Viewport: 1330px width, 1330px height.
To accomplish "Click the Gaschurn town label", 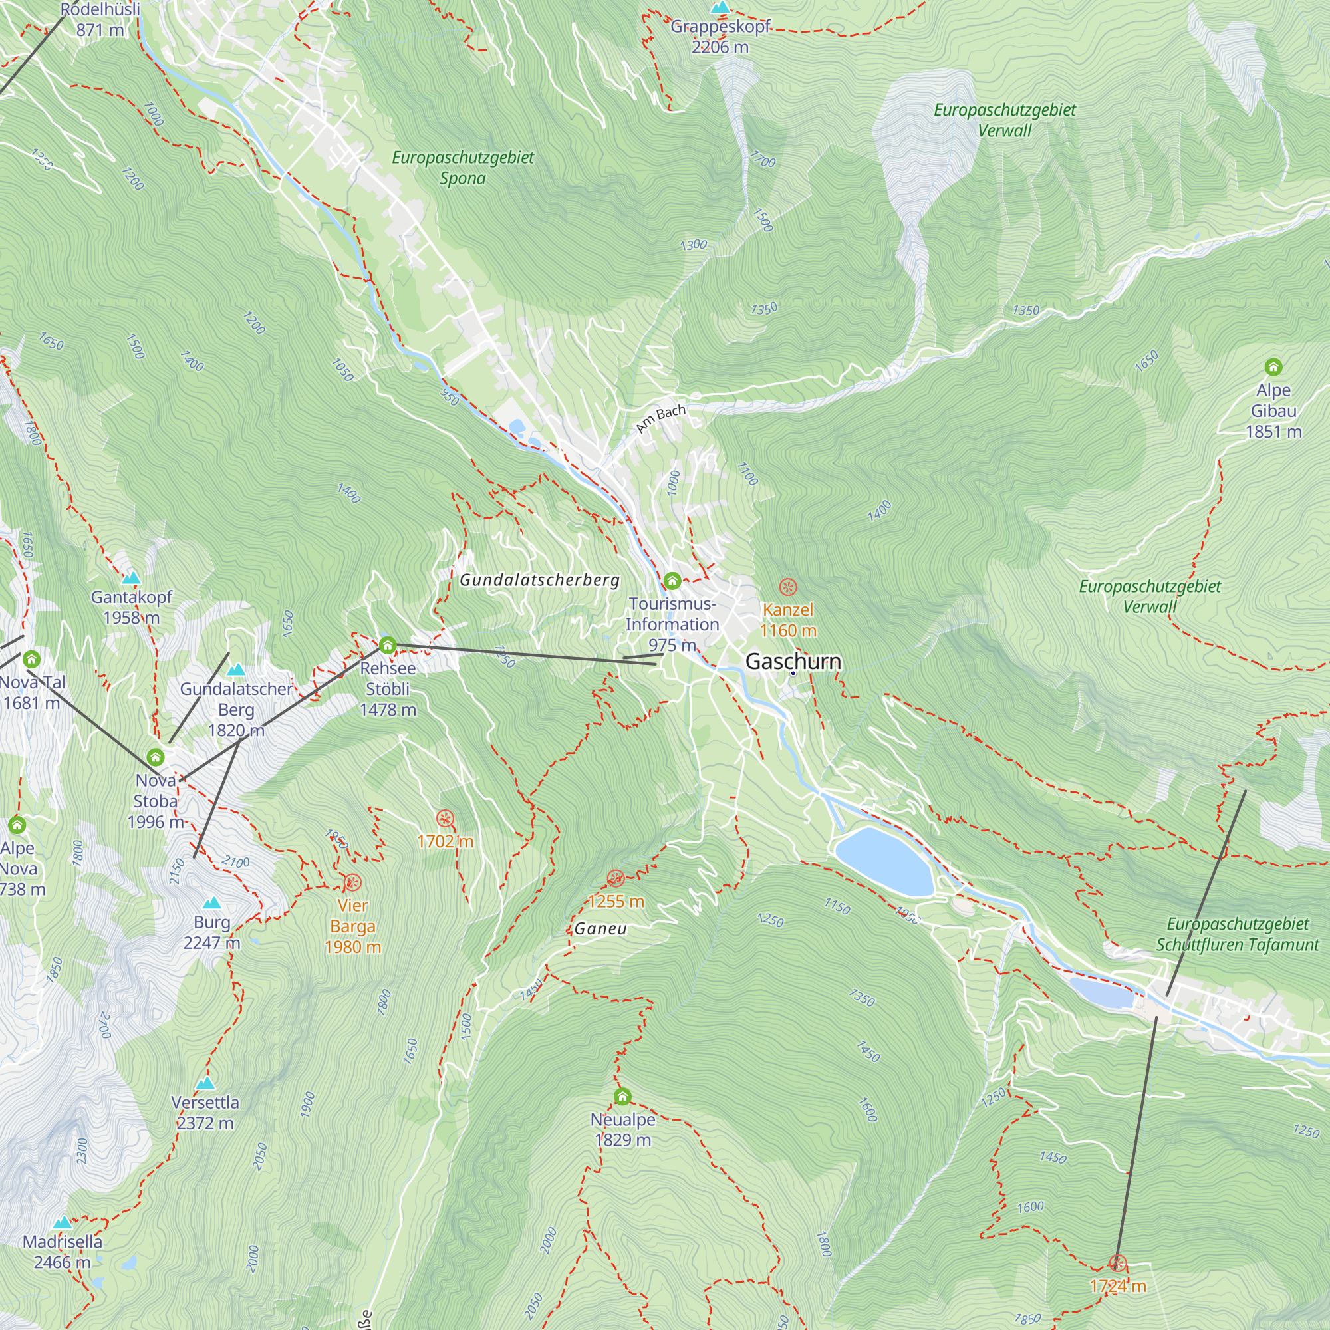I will pos(793,661).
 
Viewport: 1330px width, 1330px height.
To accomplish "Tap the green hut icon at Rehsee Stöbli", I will pos(388,645).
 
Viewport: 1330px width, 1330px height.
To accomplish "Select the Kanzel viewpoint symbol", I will pos(788,587).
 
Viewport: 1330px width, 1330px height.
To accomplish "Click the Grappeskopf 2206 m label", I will pos(720,37).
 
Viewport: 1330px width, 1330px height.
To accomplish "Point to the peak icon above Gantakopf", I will pos(131,579).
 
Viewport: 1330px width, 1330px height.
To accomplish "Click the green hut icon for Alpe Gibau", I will pos(1273,367).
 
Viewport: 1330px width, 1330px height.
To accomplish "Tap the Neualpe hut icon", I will pos(622,1096).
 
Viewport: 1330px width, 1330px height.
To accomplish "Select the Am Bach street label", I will pos(661,418).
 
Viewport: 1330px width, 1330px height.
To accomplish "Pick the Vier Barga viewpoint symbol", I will pos(352,882).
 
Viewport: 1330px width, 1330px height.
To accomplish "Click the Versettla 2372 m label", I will pos(205,1113).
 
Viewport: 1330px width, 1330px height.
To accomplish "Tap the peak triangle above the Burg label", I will pos(212,902).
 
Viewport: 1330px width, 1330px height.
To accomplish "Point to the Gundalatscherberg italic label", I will pos(540,580).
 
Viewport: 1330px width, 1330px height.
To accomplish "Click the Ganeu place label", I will pos(601,928).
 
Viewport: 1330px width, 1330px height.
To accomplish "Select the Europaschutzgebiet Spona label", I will pos(463,168).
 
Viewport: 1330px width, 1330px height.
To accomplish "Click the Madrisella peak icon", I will pos(63,1224).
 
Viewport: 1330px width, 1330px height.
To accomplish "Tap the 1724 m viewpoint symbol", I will pos(1118,1263).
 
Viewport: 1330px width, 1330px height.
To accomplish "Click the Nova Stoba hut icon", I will pos(156,757).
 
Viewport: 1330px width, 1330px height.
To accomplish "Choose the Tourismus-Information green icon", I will pos(672,581).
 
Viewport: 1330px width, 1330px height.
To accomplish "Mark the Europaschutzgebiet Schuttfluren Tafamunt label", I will pos(1238,934).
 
